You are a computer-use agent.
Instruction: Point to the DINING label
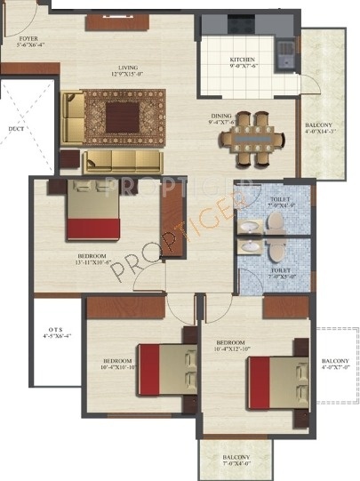click(x=222, y=115)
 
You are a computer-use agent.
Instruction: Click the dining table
click(x=254, y=139)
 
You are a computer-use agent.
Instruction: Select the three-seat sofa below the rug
click(x=122, y=161)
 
